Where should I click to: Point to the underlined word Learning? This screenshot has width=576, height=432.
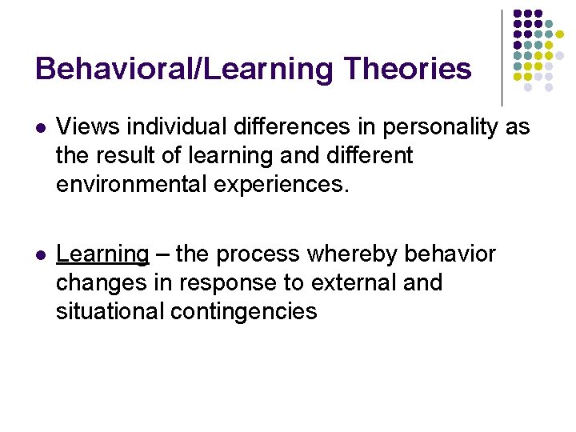coord(102,254)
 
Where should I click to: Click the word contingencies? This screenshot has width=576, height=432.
coord(244,312)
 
